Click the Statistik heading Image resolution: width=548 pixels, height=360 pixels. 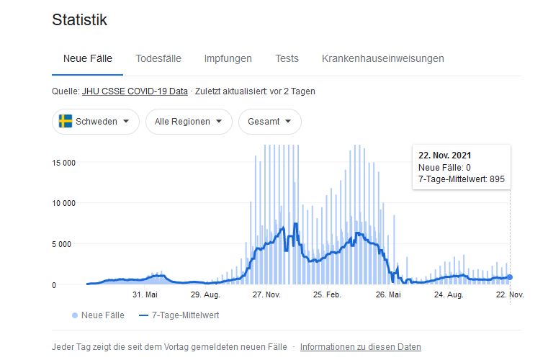tap(79, 20)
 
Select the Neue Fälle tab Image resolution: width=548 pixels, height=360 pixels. tap(88, 58)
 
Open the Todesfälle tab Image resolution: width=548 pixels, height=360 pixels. tap(158, 58)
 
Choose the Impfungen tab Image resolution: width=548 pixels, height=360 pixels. tap(228, 58)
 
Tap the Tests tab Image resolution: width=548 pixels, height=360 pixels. tap(287, 58)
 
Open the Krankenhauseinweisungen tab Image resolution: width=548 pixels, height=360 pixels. tap(383, 58)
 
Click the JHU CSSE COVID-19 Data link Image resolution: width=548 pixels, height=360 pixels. tap(136, 91)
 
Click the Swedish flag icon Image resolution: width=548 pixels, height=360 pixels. tap(66, 122)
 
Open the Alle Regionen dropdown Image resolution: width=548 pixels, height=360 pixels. tap(189, 122)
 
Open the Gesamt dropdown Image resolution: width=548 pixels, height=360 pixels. tap(269, 122)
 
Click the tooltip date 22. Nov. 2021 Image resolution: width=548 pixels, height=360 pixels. tap(445, 155)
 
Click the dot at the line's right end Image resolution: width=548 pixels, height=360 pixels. tap(510, 277)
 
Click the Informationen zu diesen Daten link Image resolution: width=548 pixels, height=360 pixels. tap(360, 347)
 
